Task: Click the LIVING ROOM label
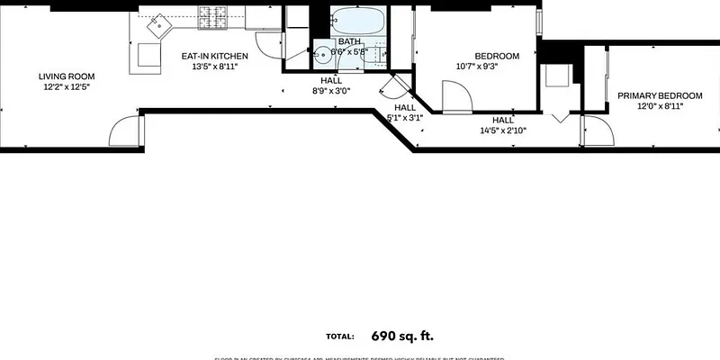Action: pos(66,76)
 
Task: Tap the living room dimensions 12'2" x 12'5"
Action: pos(66,87)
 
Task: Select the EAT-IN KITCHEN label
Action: pos(210,57)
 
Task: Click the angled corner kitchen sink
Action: pos(159,24)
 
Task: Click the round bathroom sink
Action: pos(323,53)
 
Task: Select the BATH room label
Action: pos(349,41)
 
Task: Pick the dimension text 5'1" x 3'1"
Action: pos(404,118)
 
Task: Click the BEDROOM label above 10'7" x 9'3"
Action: pos(496,56)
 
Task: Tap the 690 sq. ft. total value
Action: pos(402,336)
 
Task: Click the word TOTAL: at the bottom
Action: pos(339,337)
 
